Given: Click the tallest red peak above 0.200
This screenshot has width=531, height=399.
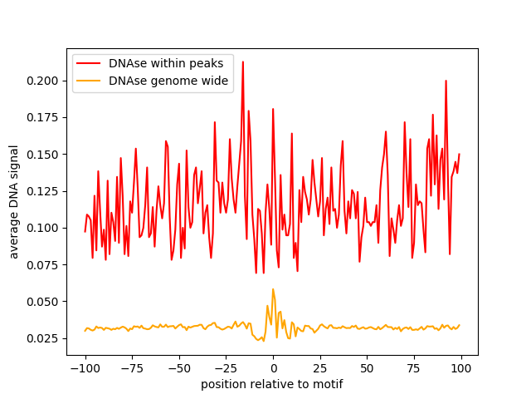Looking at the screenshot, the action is click(243, 62).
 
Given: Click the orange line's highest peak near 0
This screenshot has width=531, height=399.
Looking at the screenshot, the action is click(273, 289).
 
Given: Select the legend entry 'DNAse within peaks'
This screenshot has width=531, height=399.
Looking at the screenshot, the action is click(166, 63).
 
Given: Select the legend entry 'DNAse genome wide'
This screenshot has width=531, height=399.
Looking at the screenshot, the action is click(168, 81).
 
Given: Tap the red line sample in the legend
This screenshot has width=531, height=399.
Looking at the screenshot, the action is click(89, 63).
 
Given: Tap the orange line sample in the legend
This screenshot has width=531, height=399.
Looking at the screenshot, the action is click(89, 81).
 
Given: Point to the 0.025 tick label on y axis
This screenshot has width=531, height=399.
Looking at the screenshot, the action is click(42, 338).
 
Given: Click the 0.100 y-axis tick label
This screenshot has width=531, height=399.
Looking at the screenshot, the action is click(42, 228).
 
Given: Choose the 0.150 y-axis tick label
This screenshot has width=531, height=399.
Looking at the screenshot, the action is click(42, 155).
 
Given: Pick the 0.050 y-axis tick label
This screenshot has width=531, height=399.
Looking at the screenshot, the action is click(42, 302).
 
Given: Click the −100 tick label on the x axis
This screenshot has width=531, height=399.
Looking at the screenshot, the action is click(85, 368).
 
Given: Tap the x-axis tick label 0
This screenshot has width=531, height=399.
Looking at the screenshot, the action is click(274, 368).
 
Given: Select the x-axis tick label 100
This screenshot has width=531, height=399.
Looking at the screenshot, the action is click(461, 368).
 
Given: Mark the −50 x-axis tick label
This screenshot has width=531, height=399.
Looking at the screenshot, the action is click(179, 368).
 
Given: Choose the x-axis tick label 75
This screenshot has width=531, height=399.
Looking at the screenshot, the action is click(414, 368).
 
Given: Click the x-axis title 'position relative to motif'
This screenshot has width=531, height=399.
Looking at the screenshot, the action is click(272, 384).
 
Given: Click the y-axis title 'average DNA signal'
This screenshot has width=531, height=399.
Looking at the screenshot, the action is click(13, 202).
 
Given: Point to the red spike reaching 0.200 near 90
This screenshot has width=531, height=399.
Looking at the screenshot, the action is click(446, 81).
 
